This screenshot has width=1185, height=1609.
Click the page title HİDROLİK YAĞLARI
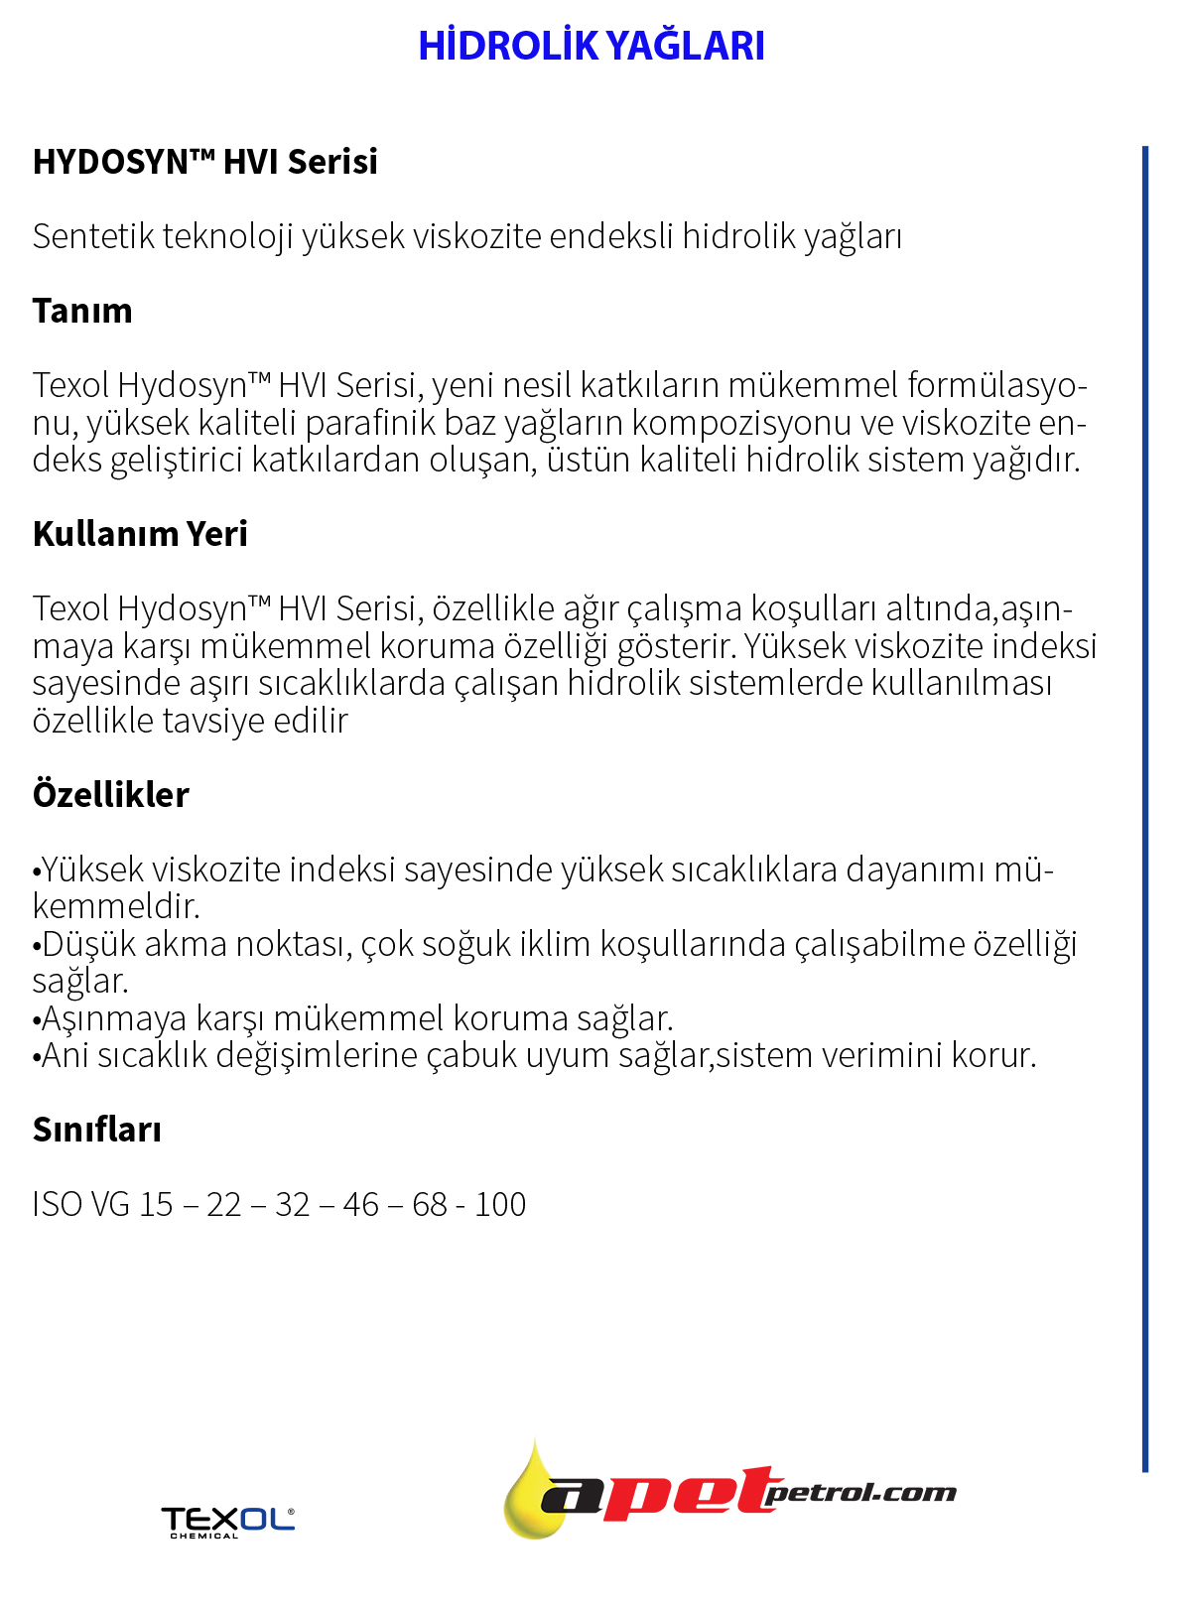coord(592,46)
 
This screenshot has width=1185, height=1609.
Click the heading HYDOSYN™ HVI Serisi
coord(204,162)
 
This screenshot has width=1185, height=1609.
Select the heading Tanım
coord(82,311)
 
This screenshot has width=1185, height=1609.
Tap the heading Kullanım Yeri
coord(140,534)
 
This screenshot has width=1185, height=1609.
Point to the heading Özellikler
coord(110,795)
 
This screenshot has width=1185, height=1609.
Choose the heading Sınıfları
coord(96,1130)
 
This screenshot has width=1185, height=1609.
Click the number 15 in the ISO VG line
coord(156,1205)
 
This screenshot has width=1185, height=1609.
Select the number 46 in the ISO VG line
coord(361,1205)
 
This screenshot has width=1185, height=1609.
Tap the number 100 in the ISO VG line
coord(500,1205)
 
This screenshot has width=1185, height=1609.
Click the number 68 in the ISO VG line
coord(430,1205)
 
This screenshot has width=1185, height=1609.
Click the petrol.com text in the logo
coord(861,1493)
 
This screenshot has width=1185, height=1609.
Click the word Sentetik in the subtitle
coord(93,237)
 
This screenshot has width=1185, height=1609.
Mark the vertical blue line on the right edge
coord(1145,794)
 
